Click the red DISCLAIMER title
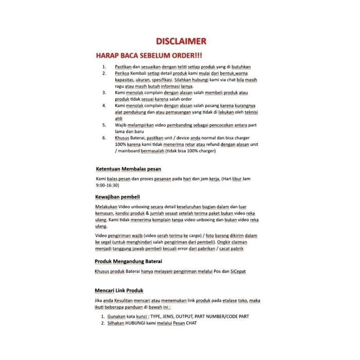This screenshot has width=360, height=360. pos(182,41)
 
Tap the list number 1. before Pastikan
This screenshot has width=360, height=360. pos(103,67)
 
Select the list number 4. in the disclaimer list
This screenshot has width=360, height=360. pos(103,105)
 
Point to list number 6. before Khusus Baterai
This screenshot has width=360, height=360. pos(103,138)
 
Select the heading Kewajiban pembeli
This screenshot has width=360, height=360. pos(118,196)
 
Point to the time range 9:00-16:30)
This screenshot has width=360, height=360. pos(107,185)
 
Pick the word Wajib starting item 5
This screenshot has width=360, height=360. pos(121,124)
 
